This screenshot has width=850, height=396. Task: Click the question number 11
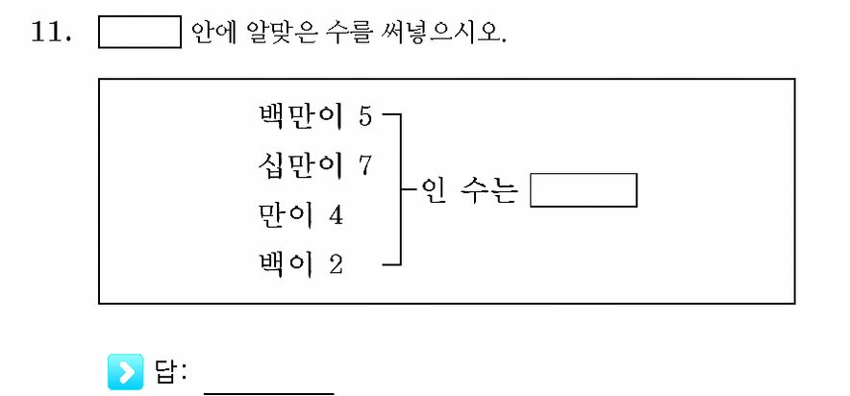pos(51,33)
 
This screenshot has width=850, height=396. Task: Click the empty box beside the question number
pos(139,32)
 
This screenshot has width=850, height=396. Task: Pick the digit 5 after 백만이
pos(365,117)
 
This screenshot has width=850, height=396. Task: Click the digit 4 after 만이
pos(336,216)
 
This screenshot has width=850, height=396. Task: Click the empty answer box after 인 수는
pos(584,190)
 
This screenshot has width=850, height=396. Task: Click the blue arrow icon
pos(126,372)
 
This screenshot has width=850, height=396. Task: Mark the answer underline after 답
pos(269,393)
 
